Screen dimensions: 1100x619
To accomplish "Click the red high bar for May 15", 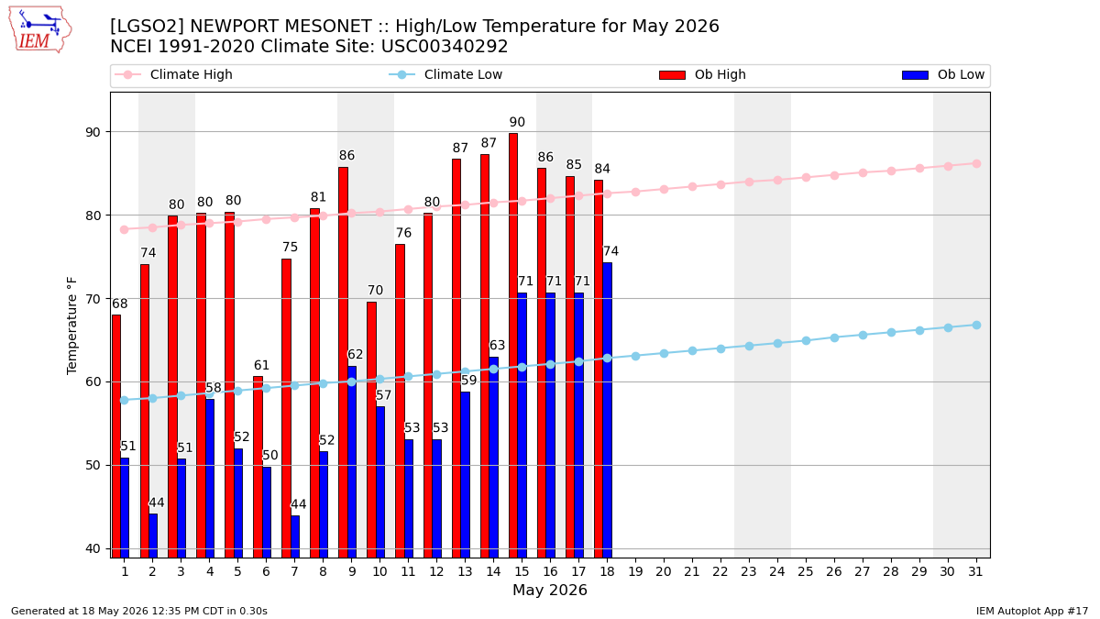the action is (x=513, y=346).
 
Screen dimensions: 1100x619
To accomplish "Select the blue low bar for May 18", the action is (x=608, y=410).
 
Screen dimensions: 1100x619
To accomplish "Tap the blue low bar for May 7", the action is (x=295, y=536).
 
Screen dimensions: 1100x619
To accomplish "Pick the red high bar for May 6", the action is (x=258, y=467).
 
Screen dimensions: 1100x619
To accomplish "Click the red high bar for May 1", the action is (x=116, y=437).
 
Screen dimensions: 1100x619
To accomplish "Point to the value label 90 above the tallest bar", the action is (x=517, y=122).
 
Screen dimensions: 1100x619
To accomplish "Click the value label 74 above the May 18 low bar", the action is (x=610, y=251).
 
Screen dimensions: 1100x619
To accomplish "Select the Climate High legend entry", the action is (x=173, y=74).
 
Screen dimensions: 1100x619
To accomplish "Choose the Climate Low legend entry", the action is (x=445, y=74).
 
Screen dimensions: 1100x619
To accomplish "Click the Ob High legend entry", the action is (x=702, y=74).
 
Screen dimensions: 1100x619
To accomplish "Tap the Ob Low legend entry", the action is (x=943, y=74).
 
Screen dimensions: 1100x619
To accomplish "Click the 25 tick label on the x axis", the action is (x=806, y=571).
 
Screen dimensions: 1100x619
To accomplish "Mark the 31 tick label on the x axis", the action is (x=975, y=571).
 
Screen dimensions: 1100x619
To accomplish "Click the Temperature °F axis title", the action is (x=71, y=326).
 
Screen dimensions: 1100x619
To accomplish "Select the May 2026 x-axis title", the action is (x=550, y=590).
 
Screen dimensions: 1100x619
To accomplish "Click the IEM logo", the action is (x=39, y=30).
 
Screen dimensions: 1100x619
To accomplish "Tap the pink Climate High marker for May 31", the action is (x=976, y=163).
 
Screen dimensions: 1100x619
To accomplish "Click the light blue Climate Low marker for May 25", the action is (x=806, y=340).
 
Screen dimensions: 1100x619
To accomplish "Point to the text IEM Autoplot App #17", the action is (x=1032, y=611).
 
